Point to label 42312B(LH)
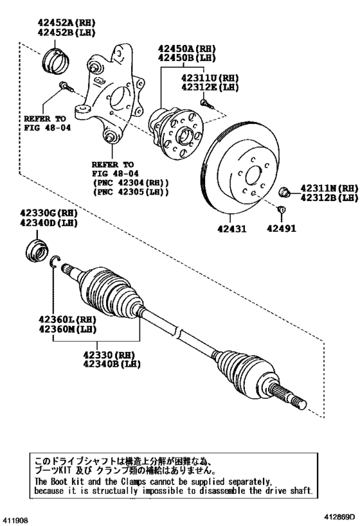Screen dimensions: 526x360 point(328,198)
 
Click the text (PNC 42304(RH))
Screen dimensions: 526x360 point(131,182)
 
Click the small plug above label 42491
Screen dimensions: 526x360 point(280,209)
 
